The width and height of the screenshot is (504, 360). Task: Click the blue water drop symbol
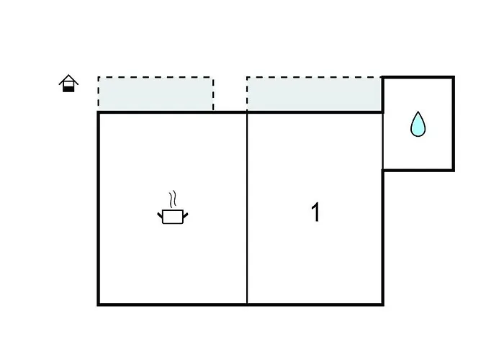(418, 125)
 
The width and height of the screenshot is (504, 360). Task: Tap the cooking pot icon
(172, 215)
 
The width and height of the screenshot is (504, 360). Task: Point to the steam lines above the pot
(171, 199)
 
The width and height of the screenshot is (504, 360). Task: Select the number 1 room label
(315, 213)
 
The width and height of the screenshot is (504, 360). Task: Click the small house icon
(68, 84)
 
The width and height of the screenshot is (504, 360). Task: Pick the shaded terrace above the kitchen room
(156, 94)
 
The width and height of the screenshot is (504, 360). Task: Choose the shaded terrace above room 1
(314, 94)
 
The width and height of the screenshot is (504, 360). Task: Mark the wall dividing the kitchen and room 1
(247, 209)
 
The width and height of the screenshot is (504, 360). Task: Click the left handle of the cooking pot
(161, 214)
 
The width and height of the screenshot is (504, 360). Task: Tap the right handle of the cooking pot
(184, 214)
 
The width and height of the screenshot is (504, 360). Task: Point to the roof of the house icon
(68, 78)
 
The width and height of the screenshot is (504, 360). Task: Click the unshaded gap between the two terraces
(230, 94)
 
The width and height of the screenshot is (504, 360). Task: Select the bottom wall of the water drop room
(418, 170)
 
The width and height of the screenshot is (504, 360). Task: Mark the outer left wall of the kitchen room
(98, 209)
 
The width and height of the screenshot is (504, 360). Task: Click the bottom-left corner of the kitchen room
(99, 304)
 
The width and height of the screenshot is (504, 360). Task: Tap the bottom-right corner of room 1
(382, 304)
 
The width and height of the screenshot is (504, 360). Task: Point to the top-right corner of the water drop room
(453, 77)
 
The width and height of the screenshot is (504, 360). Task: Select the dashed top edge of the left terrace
(156, 77)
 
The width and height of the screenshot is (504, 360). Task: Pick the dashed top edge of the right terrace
(314, 77)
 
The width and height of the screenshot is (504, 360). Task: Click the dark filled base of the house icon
(68, 88)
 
